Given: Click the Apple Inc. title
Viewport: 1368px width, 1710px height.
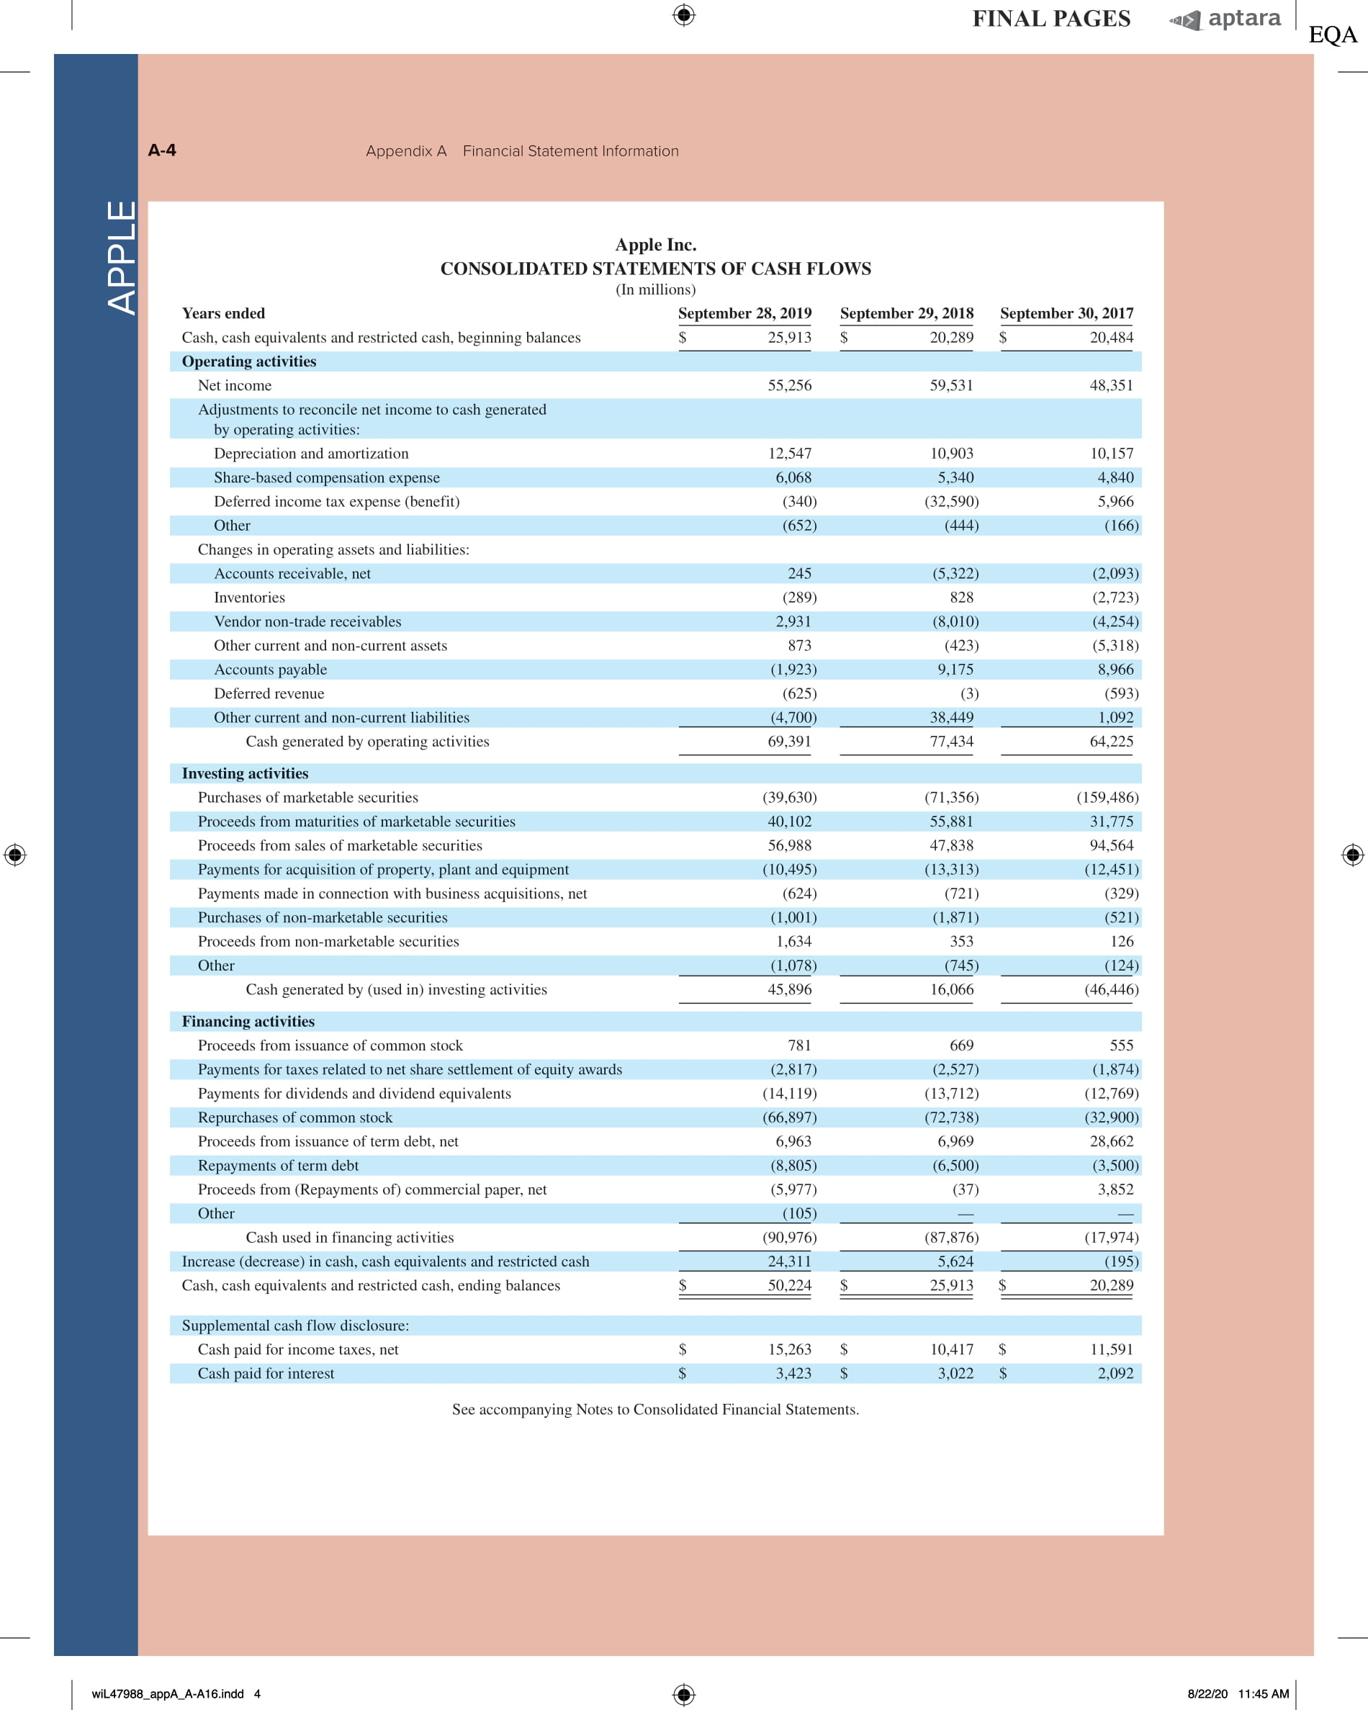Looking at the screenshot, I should click(x=655, y=244).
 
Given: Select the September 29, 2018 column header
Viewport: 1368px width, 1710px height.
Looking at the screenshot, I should click(x=906, y=313).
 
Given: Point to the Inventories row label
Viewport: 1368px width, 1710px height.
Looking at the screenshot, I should click(x=249, y=597).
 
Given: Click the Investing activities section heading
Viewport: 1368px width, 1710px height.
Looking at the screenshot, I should click(x=245, y=773).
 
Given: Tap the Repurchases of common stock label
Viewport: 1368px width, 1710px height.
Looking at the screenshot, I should click(x=295, y=1117).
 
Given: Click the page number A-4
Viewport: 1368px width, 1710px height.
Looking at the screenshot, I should click(x=162, y=150).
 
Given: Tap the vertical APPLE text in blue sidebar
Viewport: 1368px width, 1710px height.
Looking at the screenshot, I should click(x=122, y=258).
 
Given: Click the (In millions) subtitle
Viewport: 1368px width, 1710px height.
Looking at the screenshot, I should click(x=655, y=289).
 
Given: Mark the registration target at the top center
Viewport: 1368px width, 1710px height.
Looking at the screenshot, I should click(x=683, y=14).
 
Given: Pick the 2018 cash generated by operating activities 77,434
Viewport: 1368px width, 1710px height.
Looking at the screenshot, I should click(x=951, y=742).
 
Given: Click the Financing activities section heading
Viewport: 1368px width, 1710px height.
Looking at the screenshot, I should click(x=248, y=1022).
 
